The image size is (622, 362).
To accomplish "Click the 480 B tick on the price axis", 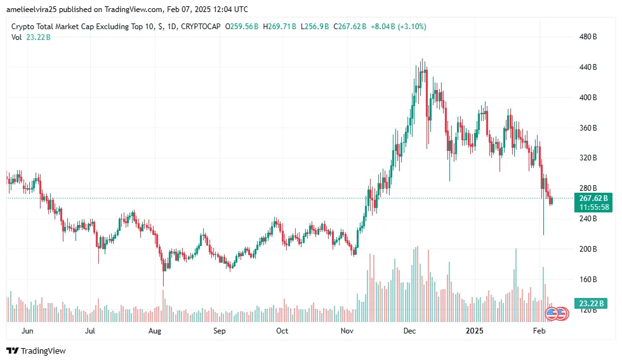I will point(588,37).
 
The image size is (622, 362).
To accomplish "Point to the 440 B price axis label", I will point(588,67).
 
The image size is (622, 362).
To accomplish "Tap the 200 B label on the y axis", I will point(588,249).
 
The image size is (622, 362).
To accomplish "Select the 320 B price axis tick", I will point(588,158).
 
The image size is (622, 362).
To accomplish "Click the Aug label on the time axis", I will point(155,331).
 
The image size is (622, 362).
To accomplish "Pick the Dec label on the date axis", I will point(409,331).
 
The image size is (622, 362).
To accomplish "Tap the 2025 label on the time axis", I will point(474,331).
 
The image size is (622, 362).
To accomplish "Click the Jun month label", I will point(27,331).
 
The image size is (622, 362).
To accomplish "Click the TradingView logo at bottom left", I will point(36,351).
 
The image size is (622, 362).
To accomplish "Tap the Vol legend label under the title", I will point(17,37).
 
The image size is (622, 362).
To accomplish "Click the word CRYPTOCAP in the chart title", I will point(201,27).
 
